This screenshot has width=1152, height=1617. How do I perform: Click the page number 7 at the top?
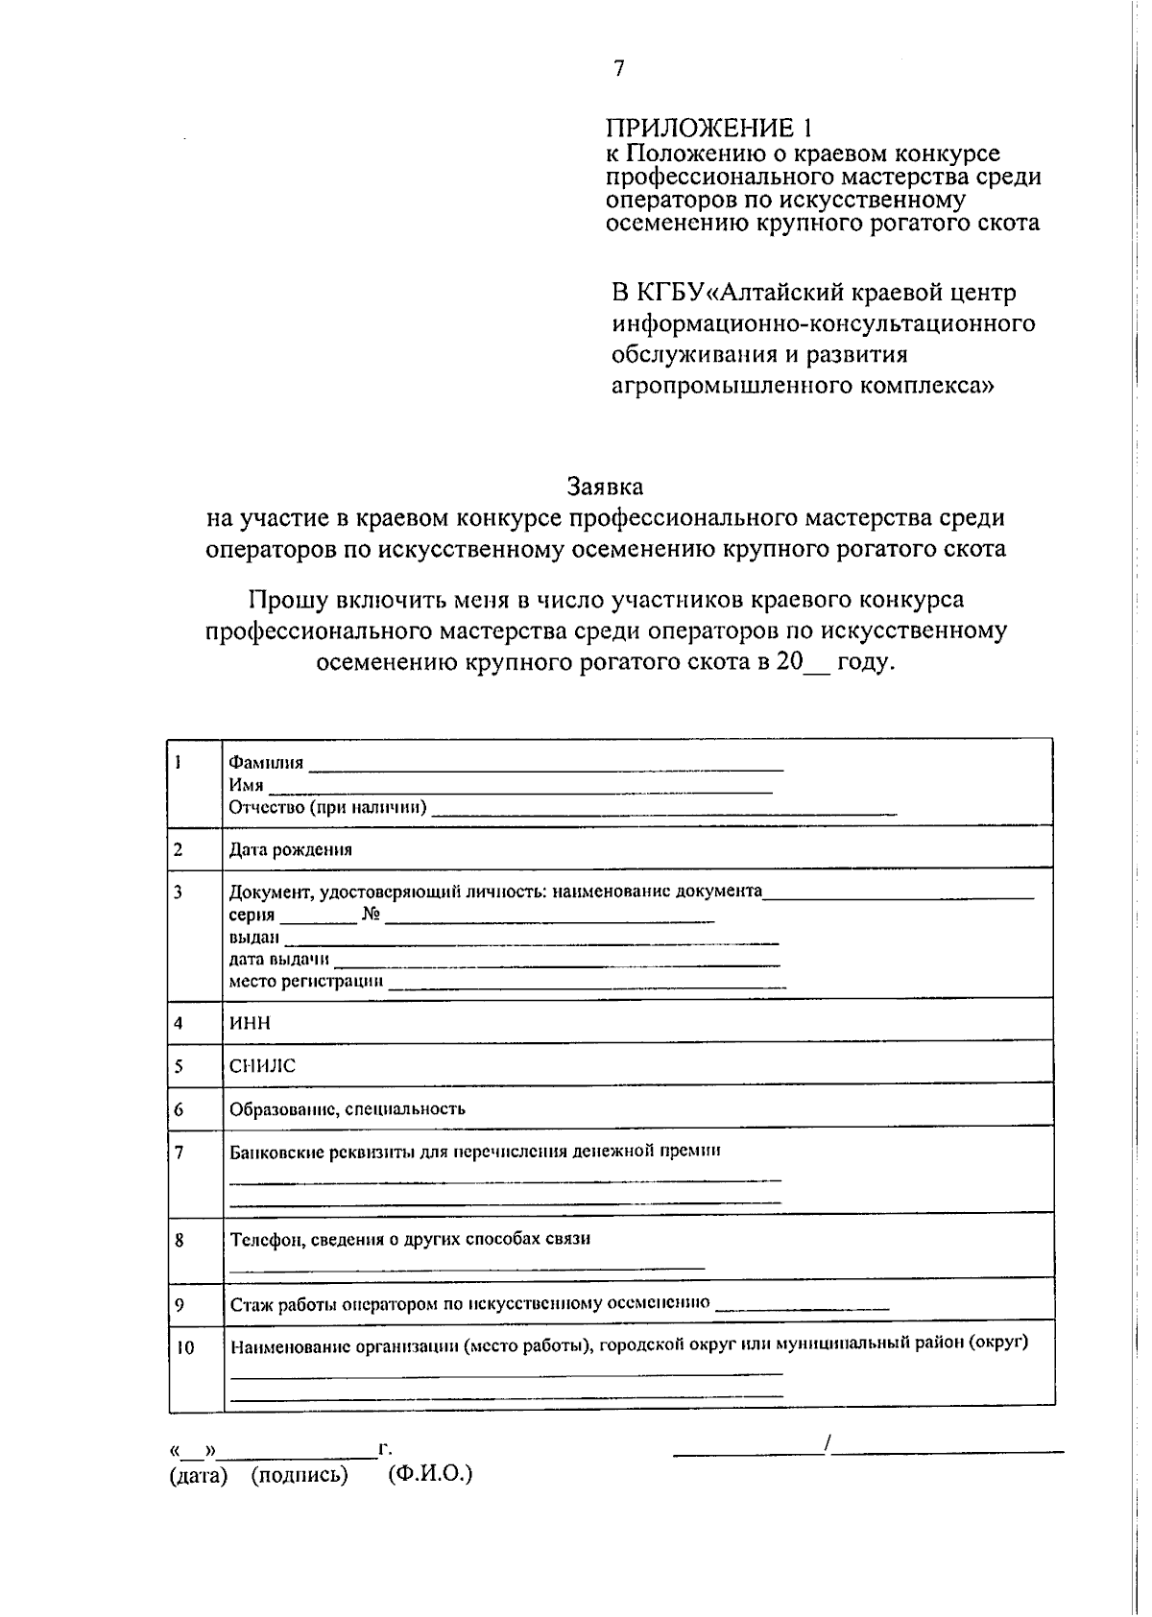click(x=619, y=68)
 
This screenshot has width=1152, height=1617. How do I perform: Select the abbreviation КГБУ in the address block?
click(x=670, y=292)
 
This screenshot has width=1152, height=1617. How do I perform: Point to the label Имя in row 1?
click(x=246, y=785)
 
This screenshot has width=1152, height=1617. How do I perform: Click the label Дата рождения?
click(x=290, y=849)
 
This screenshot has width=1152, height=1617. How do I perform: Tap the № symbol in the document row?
click(x=371, y=914)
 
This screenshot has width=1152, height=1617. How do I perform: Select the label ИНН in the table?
click(x=250, y=1022)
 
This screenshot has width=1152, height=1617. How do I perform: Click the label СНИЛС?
click(x=262, y=1065)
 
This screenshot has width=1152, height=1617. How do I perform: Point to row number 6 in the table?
click(x=179, y=1109)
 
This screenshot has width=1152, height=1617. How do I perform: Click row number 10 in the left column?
click(x=184, y=1347)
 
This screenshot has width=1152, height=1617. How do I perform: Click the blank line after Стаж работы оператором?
click(x=803, y=1307)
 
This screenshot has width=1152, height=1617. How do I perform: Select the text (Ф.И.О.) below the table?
click(x=430, y=1474)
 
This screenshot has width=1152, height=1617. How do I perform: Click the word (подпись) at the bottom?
click(x=300, y=1474)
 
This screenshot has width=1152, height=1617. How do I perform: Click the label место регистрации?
click(x=305, y=981)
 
